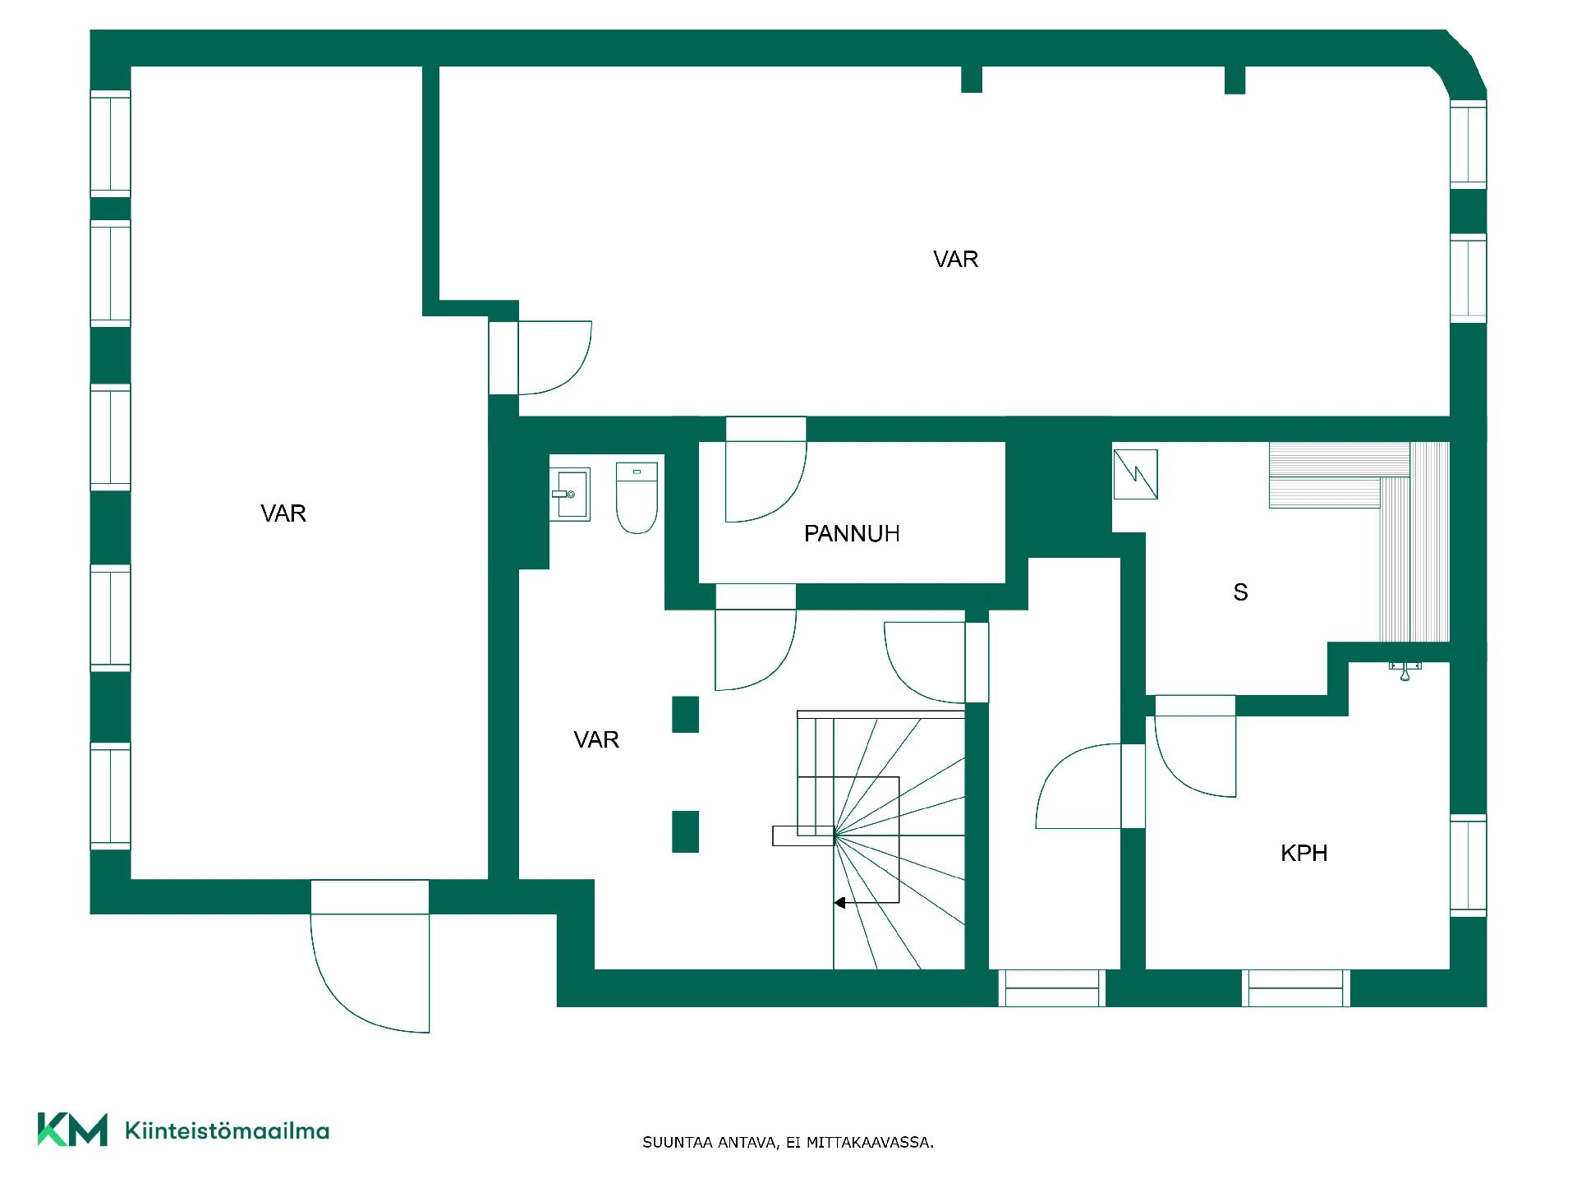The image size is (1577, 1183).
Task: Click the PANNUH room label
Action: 852,534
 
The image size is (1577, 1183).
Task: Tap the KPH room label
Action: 1304,853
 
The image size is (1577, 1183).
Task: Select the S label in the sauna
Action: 1240,592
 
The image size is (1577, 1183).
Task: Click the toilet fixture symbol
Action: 637,497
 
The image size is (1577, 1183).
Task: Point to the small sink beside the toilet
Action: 570,494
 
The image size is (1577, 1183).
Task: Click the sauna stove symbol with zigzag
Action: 1135,474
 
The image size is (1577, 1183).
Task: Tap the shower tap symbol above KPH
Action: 1405,670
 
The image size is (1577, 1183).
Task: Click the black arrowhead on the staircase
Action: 839,903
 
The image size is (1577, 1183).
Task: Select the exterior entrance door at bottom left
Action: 370,956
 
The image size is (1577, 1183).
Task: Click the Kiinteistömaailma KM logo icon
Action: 72,1130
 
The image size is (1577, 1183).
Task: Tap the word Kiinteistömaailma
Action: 227,1130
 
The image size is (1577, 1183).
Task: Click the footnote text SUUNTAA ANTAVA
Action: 710,1142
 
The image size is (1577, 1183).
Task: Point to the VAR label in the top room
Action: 955,260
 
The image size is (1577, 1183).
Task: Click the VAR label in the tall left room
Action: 283,513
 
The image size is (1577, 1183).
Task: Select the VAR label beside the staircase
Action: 596,739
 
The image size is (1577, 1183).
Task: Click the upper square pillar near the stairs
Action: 686,714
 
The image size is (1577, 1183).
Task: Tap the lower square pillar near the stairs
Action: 686,831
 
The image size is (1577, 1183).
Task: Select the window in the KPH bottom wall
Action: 1296,988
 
